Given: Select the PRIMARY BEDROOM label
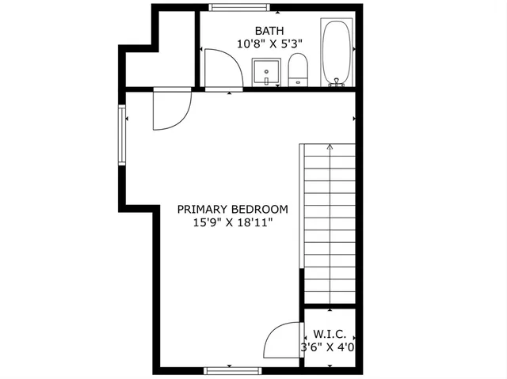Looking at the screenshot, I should tap(232, 210).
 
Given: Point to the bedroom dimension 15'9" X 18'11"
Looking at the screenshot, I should tap(232, 223).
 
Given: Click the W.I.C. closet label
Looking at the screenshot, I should tap(328, 334).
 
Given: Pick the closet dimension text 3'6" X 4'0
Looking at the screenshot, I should tap(327, 347).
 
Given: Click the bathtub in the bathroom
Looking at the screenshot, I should tap(337, 51).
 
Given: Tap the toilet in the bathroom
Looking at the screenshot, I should tap(297, 69).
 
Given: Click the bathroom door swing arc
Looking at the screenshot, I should tap(224, 69).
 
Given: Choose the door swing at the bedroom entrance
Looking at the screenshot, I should tap(171, 110).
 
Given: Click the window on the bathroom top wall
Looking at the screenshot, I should tap(234, 8).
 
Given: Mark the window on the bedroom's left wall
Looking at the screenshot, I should tap(122, 136).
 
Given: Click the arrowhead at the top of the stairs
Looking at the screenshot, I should tap(330, 146).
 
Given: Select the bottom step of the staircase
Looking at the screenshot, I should tap(330, 297).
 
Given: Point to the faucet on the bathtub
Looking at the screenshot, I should tap(337, 81).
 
